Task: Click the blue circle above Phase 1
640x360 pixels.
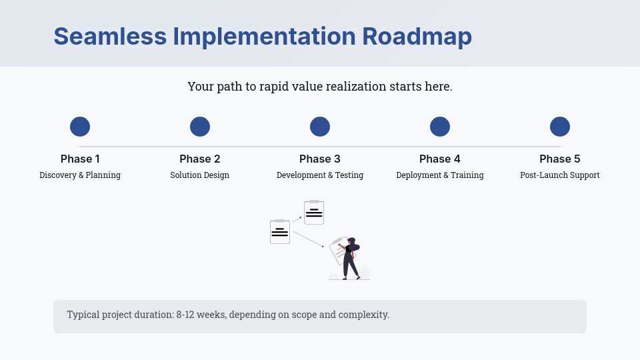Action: tap(80, 127)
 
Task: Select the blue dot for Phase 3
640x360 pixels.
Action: tap(320, 127)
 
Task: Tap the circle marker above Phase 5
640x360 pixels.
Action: tap(560, 127)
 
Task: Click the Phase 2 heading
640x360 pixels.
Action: tap(200, 159)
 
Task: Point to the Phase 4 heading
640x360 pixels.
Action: tap(440, 159)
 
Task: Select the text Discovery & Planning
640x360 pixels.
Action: tap(80, 175)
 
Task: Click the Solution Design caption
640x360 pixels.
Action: tap(200, 175)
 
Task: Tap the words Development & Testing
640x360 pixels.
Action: tap(320, 175)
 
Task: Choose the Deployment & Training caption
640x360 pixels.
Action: tap(440, 175)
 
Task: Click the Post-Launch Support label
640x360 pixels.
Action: tap(560, 175)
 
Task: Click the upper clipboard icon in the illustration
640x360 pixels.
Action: tap(314, 212)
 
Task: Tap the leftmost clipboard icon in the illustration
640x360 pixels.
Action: tap(280, 231)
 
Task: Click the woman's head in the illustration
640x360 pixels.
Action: tap(351, 241)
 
